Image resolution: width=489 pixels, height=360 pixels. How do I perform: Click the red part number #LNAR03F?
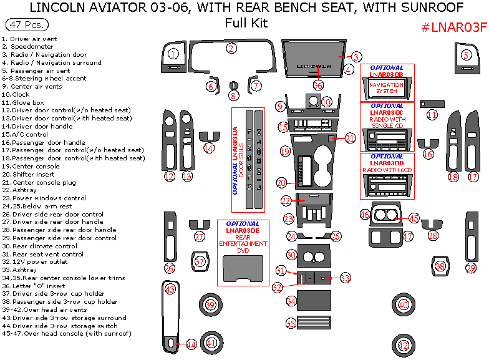[453, 27]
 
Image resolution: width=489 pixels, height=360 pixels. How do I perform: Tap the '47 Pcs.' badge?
[26, 26]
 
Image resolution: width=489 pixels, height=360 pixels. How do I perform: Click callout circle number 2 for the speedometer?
[231, 48]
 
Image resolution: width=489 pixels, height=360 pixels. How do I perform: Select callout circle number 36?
[318, 85]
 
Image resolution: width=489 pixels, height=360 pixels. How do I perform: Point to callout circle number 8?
[233, 95]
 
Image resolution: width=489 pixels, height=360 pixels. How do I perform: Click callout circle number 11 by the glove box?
[432, 115]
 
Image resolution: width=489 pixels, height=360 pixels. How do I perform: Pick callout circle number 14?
[209, 148]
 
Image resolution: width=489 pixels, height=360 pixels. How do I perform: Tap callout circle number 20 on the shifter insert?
[282, 183]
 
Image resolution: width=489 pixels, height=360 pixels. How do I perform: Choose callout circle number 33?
[345, 278]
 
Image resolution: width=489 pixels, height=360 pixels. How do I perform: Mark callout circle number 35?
[291, 323]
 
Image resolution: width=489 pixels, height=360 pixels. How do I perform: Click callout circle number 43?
[170, 289]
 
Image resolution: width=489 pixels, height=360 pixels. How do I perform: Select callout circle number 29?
[471, 268]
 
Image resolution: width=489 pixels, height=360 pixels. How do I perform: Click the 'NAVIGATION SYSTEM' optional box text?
[386, 87]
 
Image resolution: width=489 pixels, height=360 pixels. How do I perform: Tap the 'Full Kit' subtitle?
[246, 24]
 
